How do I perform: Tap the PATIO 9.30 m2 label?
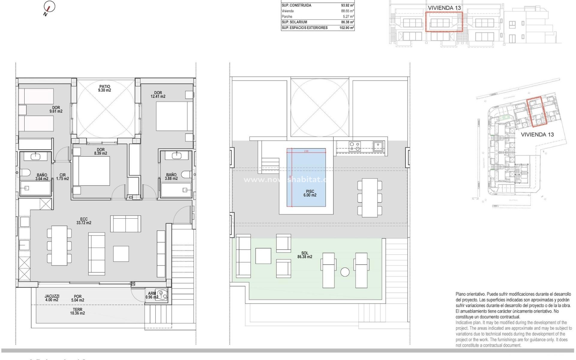[104, 88]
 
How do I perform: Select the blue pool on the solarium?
[306, 177]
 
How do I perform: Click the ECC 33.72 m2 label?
[84, 221]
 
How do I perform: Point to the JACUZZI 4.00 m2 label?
[52, 298]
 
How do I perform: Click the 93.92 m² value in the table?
[347, 5]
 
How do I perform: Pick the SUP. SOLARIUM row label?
[294, 22]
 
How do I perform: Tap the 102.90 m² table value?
[346, 28]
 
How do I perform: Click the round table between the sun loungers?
[345, 272]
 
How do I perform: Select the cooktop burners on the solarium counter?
[355, 146]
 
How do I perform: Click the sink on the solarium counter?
[378, 146]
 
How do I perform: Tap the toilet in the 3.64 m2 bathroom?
[25, 173]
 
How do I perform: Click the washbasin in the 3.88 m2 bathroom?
[176, 155]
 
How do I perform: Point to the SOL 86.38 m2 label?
[304, 255]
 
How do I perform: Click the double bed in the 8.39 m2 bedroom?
[91, 171]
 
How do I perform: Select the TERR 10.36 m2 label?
[77, 311]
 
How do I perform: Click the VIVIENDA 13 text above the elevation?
[444, 8]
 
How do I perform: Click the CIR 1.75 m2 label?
[62, 177]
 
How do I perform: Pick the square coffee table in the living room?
[121, 254]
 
